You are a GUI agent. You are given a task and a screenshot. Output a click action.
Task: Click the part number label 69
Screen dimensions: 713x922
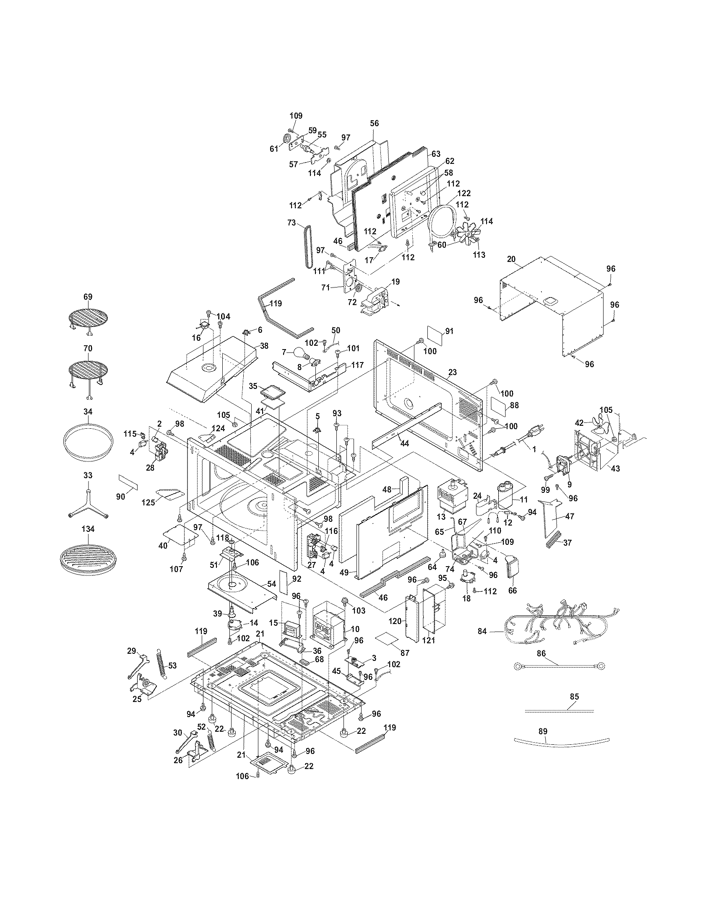tap(87, 297)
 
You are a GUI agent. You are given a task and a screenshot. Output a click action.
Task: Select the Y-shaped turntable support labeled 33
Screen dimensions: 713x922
tap(88, 502)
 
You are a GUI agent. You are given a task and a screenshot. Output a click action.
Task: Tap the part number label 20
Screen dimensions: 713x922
tap(511, 259)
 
